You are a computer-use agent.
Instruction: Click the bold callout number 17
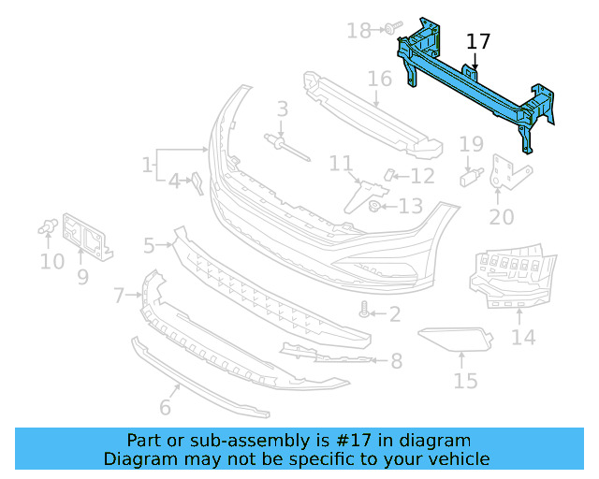point(477,41)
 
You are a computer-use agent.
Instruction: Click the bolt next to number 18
point(390,29)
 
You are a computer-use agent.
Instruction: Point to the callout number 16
point(379,78)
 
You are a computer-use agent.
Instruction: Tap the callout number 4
point(174,181)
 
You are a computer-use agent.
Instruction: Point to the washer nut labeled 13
point(374,206)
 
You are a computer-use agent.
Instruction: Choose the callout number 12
point(422,176)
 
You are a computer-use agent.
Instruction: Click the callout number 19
point(471,144)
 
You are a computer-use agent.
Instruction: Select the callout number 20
point(502,217)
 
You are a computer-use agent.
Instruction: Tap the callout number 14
point(523,336)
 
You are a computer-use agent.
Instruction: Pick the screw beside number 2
point(365,312)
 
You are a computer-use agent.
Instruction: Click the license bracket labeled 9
point(91,237)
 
